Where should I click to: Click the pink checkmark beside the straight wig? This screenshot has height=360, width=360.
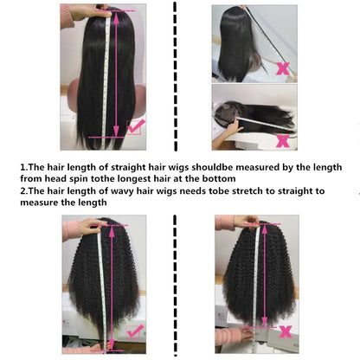tap(136, 126)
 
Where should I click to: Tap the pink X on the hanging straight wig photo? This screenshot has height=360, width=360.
tap(283, 69)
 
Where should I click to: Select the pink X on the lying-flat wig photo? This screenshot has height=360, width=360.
tap(283, 141)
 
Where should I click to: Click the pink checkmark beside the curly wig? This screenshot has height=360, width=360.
tap(135, 331)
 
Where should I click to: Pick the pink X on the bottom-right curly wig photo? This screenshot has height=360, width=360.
tap(286, 331)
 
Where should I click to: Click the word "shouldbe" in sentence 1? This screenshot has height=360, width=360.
tap(212, 167)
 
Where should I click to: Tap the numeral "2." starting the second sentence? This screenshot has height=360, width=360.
tap(24, 191)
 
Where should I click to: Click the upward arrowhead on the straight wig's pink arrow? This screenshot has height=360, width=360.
tap(116, 17)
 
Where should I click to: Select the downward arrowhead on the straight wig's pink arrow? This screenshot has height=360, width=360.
tap(116, 131)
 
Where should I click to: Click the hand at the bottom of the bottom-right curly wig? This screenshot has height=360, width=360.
tap(245, 335)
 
